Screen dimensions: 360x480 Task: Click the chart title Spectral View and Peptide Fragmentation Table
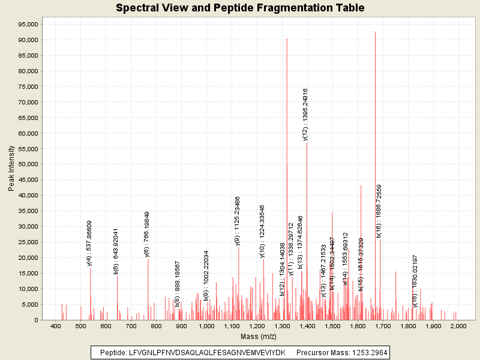(240, 8)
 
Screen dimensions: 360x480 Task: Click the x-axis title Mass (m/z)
(257, 337)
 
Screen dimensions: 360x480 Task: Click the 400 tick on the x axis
(56, 326)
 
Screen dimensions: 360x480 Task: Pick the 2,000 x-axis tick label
(458, 326)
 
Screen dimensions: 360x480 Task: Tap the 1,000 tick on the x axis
(207, 326)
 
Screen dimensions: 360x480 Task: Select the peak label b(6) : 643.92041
(116, 251)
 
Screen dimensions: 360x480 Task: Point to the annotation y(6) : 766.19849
(147, 234)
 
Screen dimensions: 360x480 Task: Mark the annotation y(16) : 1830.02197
(415, 281)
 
